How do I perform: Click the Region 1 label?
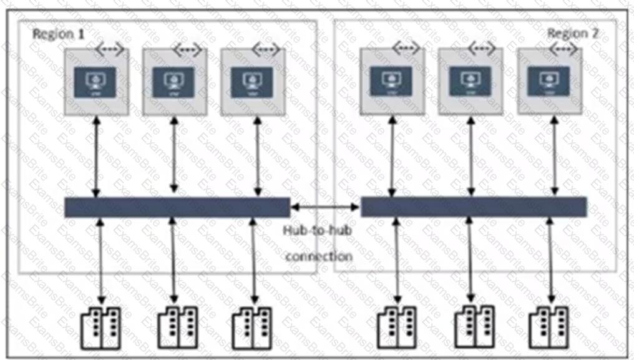point(59,34)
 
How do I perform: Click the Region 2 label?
point(573,34)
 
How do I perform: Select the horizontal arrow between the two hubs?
point(325,207)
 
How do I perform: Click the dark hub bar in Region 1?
point(177,207)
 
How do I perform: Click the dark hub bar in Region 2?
point(474,207)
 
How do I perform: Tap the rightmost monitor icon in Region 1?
point(252,82)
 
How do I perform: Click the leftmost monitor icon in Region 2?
point(391,81)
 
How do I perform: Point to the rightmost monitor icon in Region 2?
point(549,81)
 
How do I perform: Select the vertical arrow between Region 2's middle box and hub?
point(470,156)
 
